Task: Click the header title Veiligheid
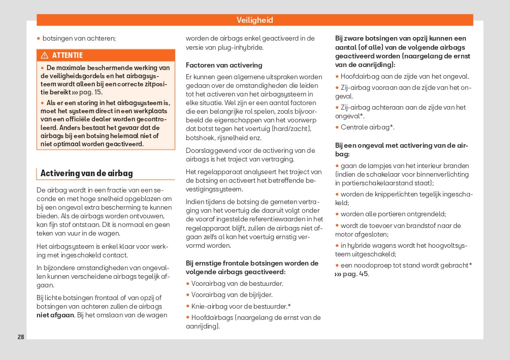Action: (x=254, y=20)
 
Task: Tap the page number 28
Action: (x=21, y=337)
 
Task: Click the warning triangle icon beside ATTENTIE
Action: (x=45, y=55)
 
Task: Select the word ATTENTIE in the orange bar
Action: (x=67, y=55)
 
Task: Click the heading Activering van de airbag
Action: (x=86, y=173)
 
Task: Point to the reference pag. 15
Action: (x=91, y=92)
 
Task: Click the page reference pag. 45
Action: (x=356, y=274)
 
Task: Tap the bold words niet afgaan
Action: (x=55, y=315)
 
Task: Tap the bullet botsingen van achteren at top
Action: (x=79, y=38)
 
